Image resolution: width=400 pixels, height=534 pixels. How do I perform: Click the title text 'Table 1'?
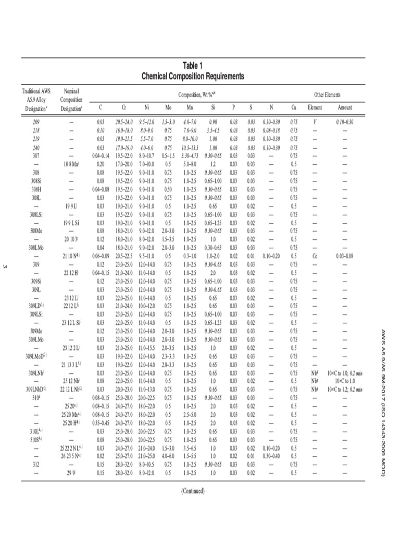pyautogui.click(x=193, y=66)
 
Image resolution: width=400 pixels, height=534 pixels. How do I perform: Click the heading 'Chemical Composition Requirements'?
pyautogui.click(x=193, y=76)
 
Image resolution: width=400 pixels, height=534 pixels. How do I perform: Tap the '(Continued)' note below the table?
pyautogui.click(x=193, y=491)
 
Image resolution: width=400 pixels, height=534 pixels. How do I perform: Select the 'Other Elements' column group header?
pyautogui.click(x=327, y=94)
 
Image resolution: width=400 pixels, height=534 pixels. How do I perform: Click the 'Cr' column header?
pyautogui.click(x=123, y=107)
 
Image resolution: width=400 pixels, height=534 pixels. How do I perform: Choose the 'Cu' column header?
pyautogui.click(x=294, y=107)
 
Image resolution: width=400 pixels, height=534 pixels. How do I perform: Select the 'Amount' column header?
pyautogui.click(x=345, y=107)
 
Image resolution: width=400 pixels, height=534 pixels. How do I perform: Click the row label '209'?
pyautogui.click(x=36, y=122)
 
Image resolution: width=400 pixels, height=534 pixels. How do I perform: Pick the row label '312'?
pyautogui.click(x=36, y=464)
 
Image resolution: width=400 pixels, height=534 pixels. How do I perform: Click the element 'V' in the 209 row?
pyautogui.click(x=315, y=122)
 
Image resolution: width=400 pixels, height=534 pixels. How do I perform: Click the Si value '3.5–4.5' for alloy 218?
pyautogui.click(x=213, y=130)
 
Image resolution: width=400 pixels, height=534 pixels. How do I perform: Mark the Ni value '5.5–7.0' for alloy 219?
pyautogui.click(x=146, y=139)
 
